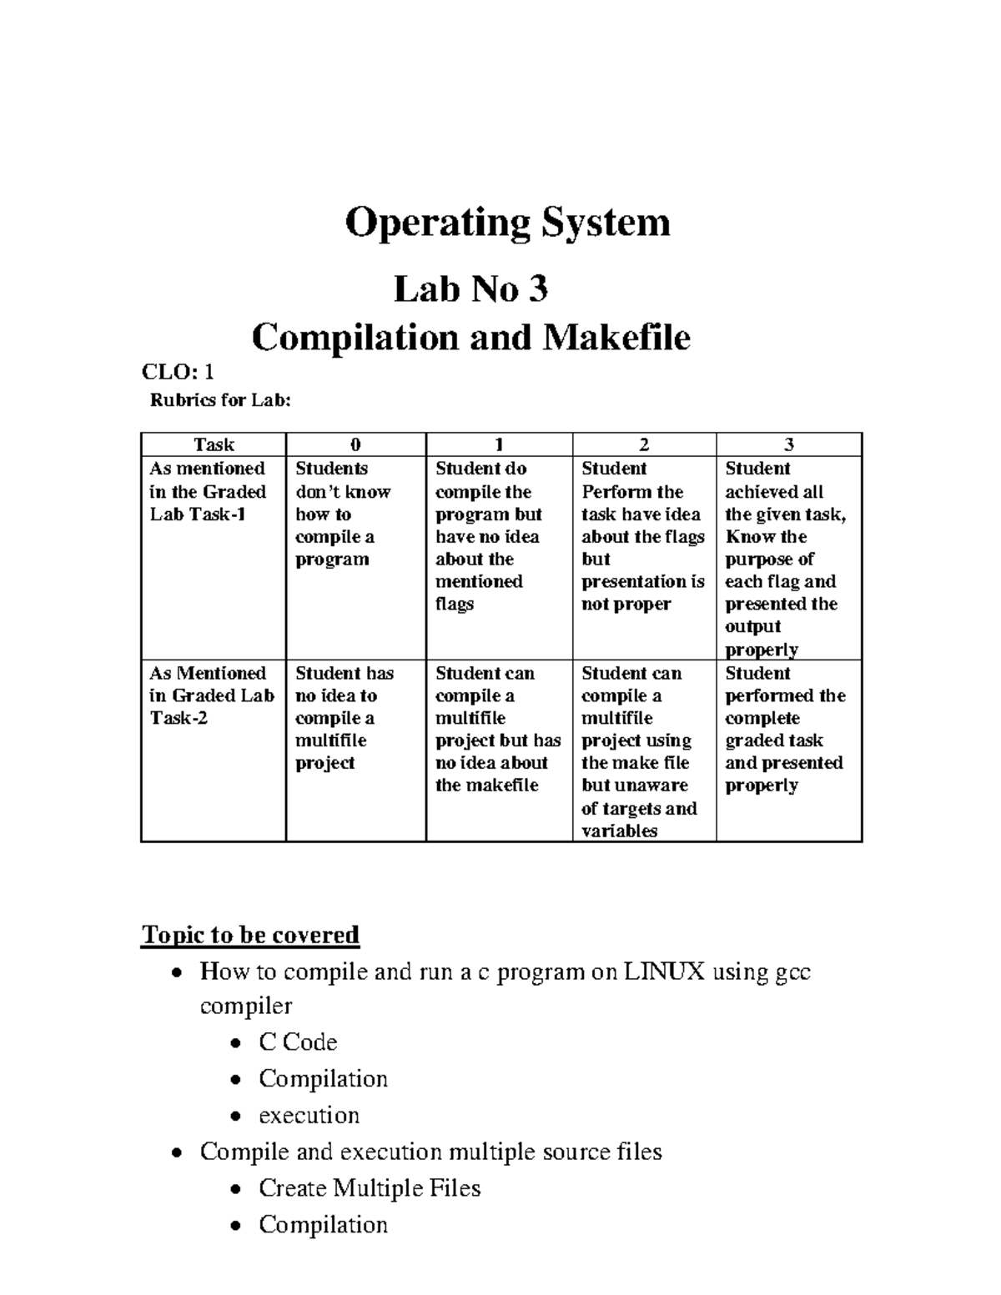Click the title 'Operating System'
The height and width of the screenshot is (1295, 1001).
507,223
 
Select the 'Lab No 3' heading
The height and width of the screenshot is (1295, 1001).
470,289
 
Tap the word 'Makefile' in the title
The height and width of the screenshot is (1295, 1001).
616,338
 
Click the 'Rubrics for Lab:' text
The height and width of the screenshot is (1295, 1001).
220,400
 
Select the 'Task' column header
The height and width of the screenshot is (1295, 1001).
214,445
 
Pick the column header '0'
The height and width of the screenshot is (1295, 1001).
355,445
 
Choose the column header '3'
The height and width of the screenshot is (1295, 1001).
788,445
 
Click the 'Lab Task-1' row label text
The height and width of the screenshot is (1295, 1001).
198,514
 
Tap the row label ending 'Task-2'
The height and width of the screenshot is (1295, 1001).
179,718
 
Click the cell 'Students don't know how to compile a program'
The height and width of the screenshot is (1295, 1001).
343,514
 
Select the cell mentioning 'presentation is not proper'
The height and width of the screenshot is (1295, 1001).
642,537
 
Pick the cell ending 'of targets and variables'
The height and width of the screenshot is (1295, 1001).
639,751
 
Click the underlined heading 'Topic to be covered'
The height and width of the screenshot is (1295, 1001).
250,935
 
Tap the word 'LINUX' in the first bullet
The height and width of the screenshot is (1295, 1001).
664,971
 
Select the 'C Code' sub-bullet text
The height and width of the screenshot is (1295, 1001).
298,1042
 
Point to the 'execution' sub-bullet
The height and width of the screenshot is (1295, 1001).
309,1115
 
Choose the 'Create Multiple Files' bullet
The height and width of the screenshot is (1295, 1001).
370,1187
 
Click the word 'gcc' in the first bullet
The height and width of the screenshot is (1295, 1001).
792,972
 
